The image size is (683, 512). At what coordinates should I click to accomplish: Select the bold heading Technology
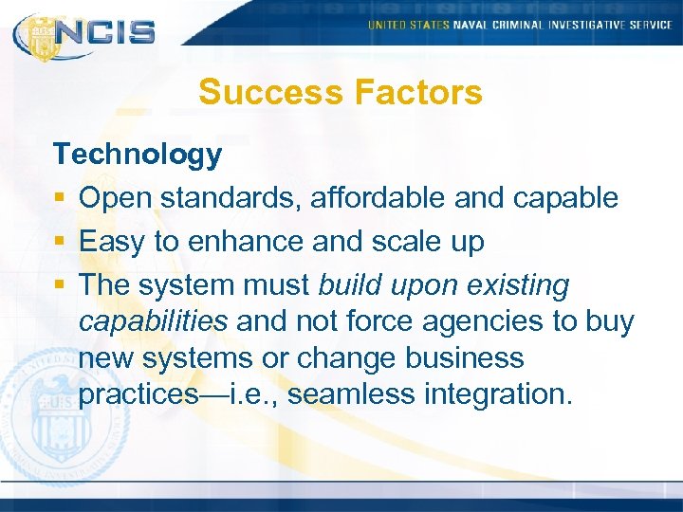tap(138, 155)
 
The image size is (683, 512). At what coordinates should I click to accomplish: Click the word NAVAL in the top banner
tap(471, 25)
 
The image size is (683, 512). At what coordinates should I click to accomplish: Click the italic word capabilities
tap(154, 322)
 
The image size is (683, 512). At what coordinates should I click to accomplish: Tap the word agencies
tap(477, 322)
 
